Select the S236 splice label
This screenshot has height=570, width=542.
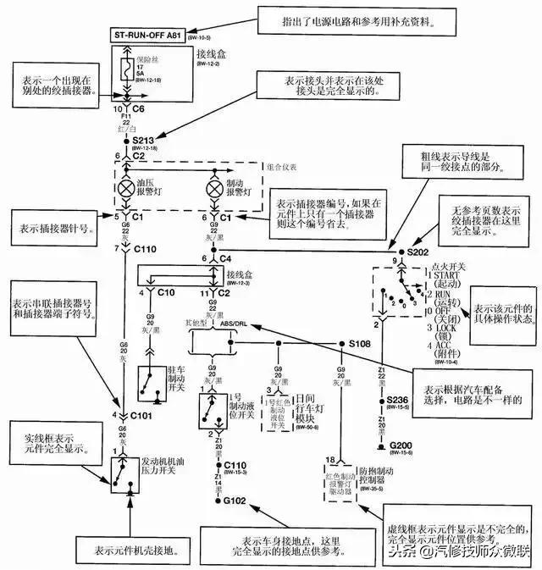[397, 400]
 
